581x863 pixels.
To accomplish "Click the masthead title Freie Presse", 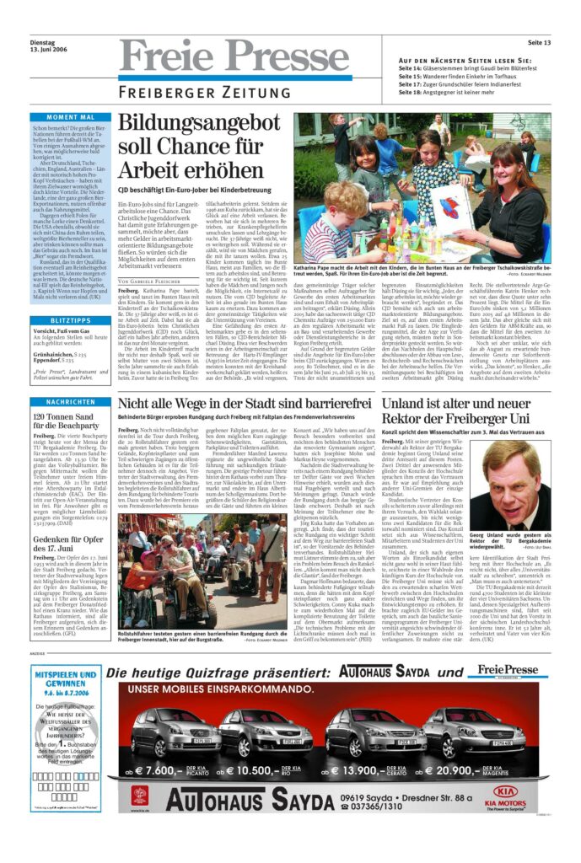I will (234, 59).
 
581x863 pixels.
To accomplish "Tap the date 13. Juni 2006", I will (49, 51).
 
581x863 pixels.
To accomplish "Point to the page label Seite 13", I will (539, 42).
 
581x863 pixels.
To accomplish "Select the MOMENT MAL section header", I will (70, 117).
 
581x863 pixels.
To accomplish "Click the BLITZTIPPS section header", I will (70, 321).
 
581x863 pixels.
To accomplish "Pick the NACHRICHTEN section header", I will (70, 403).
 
